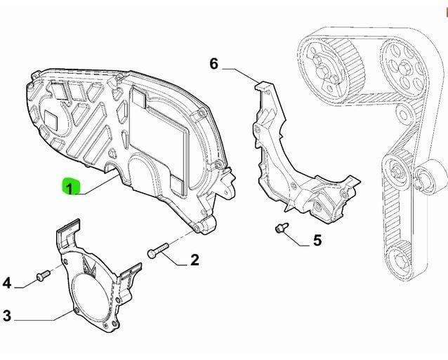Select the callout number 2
pyautogui.click(x=195, y=260)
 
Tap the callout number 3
pyautogui.click(x=7, y=316)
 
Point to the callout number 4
pyautogui.click(x=7, y=283)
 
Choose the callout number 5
pyautogui.click(x=317, y=241)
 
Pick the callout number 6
pyautogui.click(x=214, y=65)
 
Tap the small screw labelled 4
pyautogui.click(x=41, y=274)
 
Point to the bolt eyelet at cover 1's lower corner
pyautogui.click(x=204, y=225)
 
